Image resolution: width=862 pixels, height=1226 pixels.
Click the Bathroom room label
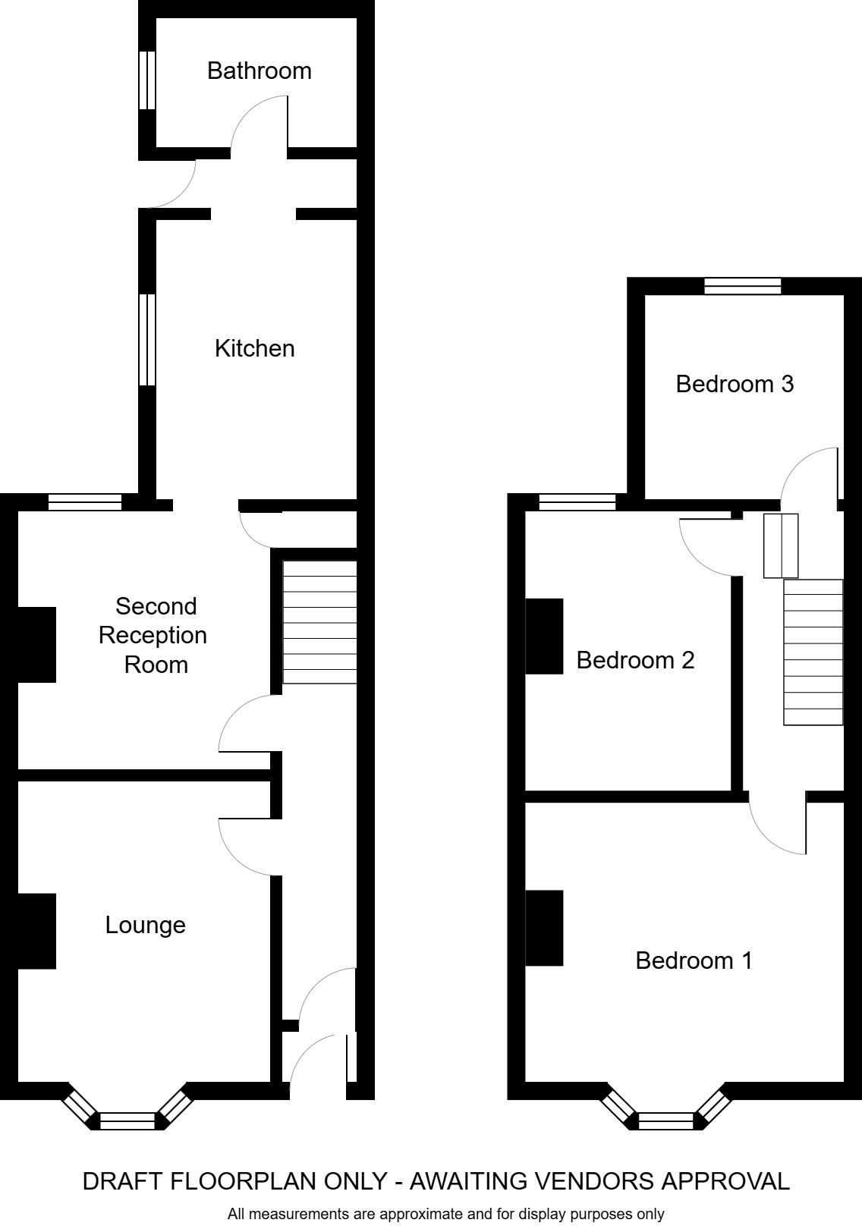[259, 71]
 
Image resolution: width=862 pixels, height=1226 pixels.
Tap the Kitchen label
[254, 348]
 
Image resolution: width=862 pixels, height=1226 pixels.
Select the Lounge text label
[145, 925]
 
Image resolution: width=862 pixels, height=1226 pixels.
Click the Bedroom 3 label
[734, 384]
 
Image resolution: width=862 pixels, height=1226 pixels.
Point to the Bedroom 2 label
[635, 660]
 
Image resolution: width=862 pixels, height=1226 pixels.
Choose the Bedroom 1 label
[694, 960]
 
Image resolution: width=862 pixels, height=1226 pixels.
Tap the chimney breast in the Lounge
[36, 931]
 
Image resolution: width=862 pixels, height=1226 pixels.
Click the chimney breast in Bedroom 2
[544, 636]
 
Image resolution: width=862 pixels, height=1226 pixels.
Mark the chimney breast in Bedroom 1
[544, 927]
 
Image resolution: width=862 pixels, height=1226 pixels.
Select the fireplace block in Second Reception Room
[36, 644]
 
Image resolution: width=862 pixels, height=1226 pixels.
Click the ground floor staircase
[319, 622]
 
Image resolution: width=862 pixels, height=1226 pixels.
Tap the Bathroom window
[147, 80]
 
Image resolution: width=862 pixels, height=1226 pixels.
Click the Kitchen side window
[147, 339]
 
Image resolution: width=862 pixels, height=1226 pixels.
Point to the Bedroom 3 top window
[742, 286]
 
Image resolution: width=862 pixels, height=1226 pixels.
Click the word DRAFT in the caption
[122, 1181]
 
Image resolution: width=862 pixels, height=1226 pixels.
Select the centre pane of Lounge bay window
[127, 1121]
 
